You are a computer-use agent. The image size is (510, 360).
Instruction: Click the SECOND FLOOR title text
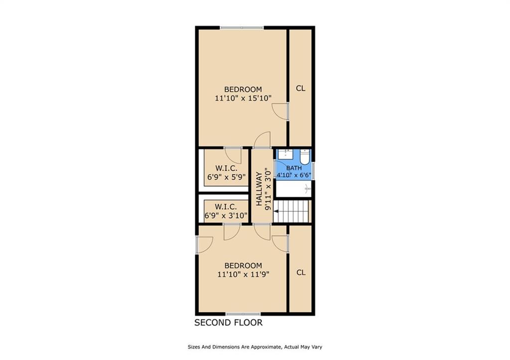(228, 323)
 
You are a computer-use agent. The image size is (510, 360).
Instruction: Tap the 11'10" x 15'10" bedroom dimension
(243, 98)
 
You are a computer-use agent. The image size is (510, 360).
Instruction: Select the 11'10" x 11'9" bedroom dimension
(243, 274)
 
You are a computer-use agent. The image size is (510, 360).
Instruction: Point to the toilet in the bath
(304, 156)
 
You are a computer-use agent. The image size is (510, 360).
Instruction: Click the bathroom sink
(285, 154)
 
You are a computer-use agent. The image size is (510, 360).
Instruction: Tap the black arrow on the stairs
(276, 212)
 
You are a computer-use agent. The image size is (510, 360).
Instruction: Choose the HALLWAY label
(259, 189)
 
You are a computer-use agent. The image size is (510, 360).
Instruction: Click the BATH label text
(294, 168)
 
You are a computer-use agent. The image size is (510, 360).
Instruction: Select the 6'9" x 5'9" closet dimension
(227, 177)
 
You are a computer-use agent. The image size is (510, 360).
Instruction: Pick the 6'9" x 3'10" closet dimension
(226, 215)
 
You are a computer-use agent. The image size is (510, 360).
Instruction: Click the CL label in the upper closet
(301, 88)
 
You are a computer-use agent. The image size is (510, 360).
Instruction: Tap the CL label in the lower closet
(301, 272)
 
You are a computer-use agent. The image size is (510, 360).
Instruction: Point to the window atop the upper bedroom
(242, 28)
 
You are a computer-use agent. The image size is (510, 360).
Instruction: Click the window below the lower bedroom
(243, 314)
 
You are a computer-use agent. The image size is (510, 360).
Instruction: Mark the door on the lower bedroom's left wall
(204, 244)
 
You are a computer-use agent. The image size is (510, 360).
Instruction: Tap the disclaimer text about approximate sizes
(255, 347)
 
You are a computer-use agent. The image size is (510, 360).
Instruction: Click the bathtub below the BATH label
(293, 189)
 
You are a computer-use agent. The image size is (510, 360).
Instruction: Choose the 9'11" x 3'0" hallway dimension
(267, 189)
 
